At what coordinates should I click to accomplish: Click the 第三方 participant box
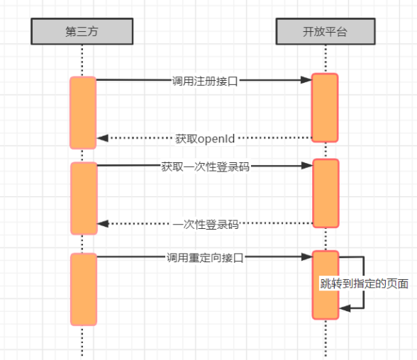coord(82,31)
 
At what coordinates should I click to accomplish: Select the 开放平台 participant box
coord(326,31)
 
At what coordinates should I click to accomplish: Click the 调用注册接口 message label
coord(205,81)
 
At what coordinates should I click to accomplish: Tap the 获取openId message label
coord(205,139)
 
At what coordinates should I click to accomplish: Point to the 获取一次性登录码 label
coord(206,167)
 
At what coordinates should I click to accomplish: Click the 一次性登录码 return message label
coord(206,225)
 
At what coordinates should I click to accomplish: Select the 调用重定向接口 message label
coord(205,258)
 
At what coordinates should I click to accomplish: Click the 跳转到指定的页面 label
coord(364,283)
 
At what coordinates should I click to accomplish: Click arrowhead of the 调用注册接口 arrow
coord(306,79)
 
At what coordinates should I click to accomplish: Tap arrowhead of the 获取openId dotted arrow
coord(102,138)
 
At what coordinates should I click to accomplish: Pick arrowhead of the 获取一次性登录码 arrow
coord(307,166)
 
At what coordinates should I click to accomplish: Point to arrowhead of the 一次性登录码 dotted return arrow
coord(103,223)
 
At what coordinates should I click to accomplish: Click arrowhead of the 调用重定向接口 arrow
coord(307,257)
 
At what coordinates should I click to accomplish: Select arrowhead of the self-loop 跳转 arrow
coord(345,308)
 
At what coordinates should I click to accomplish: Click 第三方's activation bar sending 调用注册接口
coord(83,113)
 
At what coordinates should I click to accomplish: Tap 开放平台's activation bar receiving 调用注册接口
coord(325,108)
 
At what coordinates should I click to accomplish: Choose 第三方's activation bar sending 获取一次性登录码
coord(84,198)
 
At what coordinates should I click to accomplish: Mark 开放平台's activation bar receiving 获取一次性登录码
coord(326,193)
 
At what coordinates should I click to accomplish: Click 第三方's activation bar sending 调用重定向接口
coord(84,289)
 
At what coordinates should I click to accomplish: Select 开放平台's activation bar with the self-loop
coord(326,285)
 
